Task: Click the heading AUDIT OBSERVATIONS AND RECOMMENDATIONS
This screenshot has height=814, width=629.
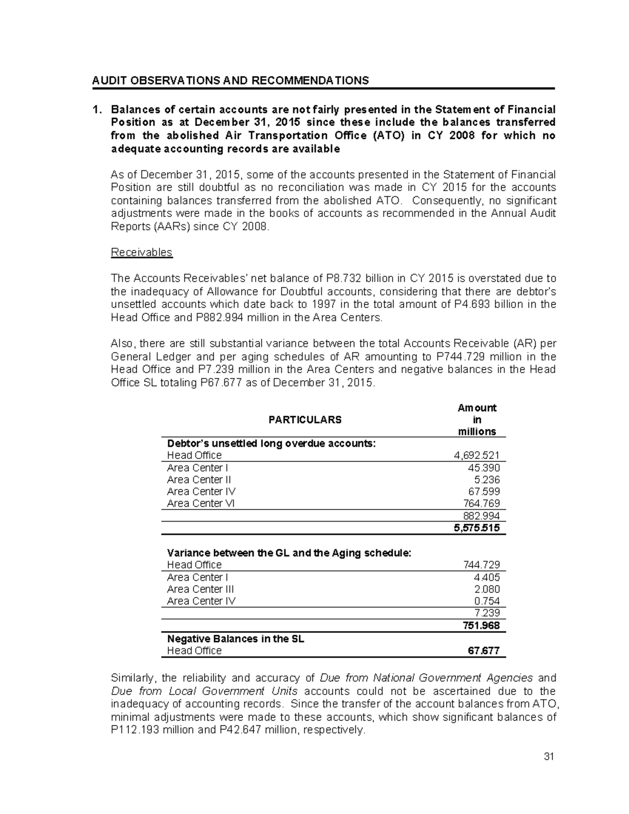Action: pos(230,80)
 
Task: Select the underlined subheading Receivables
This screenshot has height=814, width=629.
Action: pos(142,253)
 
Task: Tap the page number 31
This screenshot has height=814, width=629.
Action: pos(549,756)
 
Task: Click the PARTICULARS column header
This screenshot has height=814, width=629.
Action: pos(305,420)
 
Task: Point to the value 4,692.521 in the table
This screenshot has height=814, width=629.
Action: pos(476,455)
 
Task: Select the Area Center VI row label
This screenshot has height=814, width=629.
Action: pos(201,504)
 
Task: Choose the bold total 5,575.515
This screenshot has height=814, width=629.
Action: pos(476,528)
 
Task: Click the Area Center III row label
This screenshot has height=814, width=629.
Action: pos(200,589)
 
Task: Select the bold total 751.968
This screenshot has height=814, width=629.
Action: pos(481,626)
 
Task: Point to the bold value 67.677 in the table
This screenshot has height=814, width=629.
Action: pos(483,651)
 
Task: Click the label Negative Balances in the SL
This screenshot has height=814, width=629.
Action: pos(235,639)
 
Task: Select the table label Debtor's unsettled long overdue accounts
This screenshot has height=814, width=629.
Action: pos(271,443)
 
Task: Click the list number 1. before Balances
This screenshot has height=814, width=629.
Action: pos(96,110)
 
